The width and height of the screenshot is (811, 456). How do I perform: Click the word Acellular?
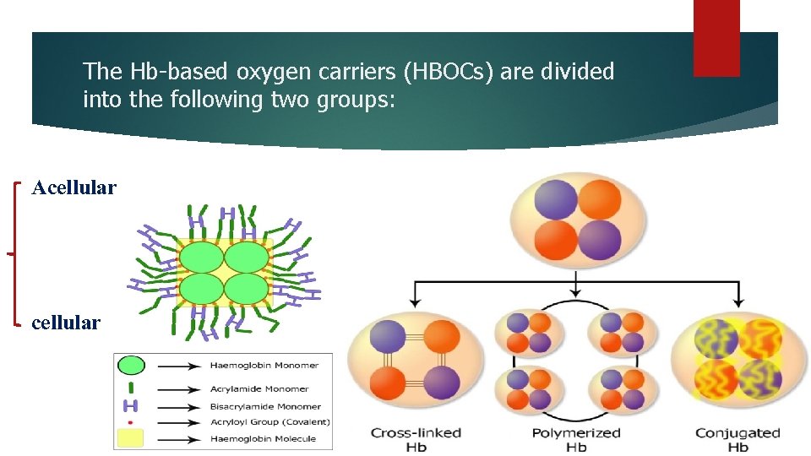point(73,187)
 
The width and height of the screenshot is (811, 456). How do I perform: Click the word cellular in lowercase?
point(66,323)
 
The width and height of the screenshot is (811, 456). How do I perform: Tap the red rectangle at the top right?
point(716,38)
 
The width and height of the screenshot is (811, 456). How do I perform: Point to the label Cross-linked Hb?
point(416,439)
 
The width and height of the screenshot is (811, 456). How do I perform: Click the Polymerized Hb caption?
point(576,439)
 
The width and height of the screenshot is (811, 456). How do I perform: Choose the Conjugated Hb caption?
point(738,439)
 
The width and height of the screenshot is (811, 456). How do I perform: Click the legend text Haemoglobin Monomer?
point(264,366)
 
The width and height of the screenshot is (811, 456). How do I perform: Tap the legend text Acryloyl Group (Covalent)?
point(270,421)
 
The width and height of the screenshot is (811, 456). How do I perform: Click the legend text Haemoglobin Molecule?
point(263,438)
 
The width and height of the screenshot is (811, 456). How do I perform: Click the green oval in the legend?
point(130,366)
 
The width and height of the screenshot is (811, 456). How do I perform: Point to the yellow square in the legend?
point(130,437)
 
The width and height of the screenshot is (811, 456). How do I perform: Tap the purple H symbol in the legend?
point(130,406)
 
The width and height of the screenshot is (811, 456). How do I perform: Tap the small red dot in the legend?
point(130,421)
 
